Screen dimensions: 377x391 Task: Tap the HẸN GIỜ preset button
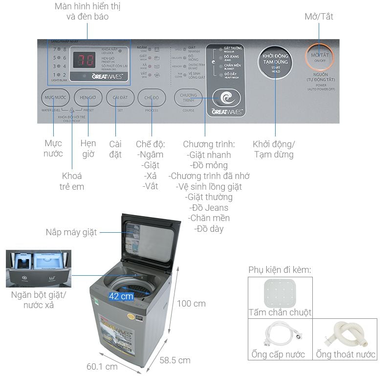88,98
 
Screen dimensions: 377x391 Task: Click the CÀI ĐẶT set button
120,98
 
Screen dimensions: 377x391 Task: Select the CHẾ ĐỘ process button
152,98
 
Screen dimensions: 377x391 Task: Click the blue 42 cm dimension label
121,296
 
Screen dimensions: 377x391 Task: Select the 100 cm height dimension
191,304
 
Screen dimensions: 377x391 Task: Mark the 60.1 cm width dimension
102,366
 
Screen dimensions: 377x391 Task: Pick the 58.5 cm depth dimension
175,360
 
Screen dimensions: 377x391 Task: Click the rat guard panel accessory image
280,292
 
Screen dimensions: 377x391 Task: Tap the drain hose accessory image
345,333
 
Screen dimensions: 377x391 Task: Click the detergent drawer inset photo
39,269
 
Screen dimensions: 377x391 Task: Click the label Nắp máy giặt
71,232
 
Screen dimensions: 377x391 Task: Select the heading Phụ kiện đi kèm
280,270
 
